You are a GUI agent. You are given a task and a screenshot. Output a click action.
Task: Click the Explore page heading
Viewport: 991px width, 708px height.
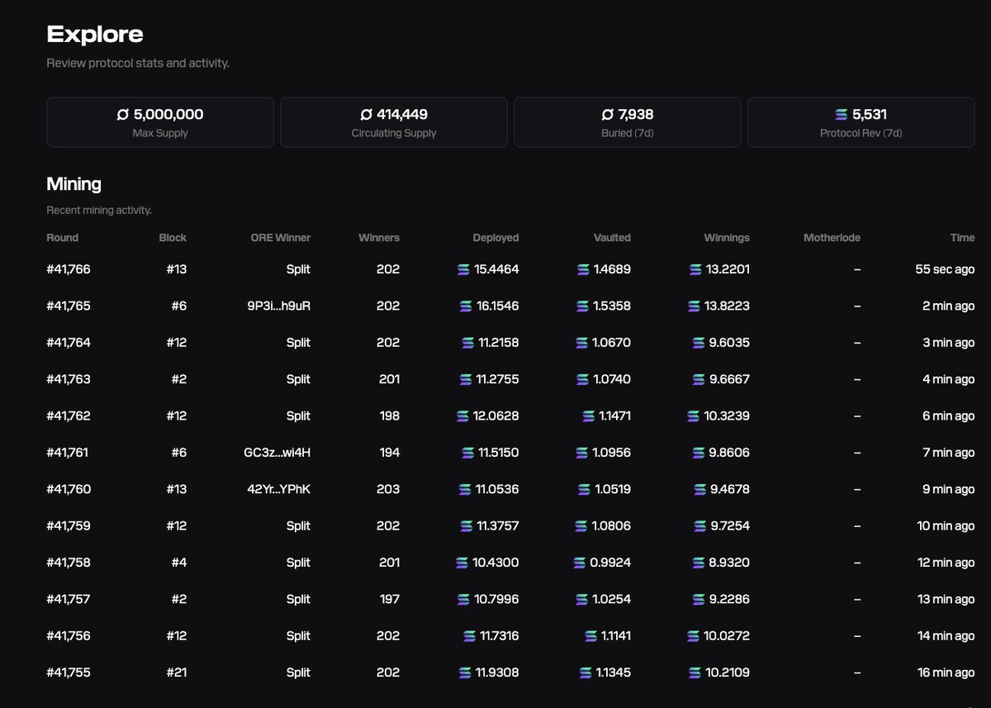(x=95, y=34)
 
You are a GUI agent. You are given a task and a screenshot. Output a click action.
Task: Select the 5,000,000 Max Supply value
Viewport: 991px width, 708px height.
(x=168, y=114)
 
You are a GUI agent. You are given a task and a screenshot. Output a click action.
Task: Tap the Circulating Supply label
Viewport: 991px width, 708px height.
(x=394, y=133)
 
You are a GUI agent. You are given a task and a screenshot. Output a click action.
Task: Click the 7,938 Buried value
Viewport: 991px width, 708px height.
(x=636, y=114)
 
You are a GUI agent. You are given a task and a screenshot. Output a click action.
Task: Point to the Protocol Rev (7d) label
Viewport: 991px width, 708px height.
(x=861, y=133)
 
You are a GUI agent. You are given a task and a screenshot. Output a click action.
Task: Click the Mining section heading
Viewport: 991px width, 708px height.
(x=74, y=183)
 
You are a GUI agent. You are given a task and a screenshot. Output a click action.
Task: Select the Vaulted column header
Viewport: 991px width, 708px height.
(x=612, y=238)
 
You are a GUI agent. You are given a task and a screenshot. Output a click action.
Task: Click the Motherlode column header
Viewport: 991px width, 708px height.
(x=832, y=238)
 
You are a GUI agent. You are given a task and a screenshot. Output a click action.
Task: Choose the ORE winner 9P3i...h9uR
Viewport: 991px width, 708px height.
(x=278, y=306)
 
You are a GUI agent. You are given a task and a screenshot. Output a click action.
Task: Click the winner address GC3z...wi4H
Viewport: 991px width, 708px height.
(x=273, y=453)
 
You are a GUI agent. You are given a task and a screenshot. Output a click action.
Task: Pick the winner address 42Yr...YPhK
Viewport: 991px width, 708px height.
(x=278, y=489)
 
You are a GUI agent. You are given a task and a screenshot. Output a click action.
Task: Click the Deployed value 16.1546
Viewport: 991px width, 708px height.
(x=495, y=306)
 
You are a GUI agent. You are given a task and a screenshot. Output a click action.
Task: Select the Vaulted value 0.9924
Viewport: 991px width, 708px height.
(x=610, y=563)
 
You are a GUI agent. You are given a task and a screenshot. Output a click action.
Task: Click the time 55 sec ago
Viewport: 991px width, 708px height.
(x=945, y=269)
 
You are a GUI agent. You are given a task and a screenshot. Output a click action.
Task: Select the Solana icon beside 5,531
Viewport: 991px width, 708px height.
(x=842, y=115)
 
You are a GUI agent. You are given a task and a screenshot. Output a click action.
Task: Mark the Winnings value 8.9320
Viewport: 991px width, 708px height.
(x=729, y=563)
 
